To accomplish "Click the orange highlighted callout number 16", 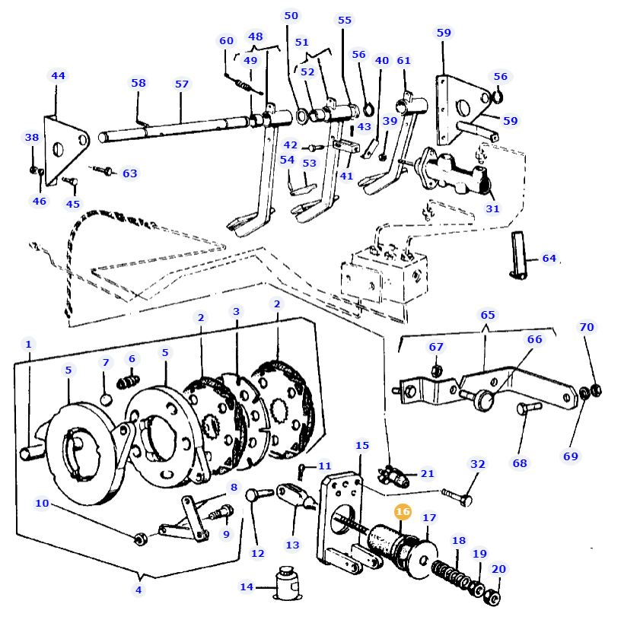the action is coord(403,511).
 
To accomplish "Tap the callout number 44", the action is coord(58,75).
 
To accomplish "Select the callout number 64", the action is coord(549,259).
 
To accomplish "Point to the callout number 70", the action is coord(587,327).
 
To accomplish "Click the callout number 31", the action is coord(492,208).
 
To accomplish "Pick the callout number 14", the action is coord(247,586).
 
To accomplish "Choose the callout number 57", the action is coord(182,84).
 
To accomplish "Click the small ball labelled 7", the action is coord(106,399).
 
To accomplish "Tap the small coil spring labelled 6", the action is coord(128,382).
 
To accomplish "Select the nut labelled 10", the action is coord(141,539).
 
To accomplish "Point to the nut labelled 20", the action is coord(492,598).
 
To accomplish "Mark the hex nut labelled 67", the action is coord(436,370).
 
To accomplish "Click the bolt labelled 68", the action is coord(529,408).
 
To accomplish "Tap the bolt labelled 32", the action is coord(457,496).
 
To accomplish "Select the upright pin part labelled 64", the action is coord(519,255).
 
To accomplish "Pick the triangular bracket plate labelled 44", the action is coord(65,149).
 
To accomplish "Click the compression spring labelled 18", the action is coord(451,574).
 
